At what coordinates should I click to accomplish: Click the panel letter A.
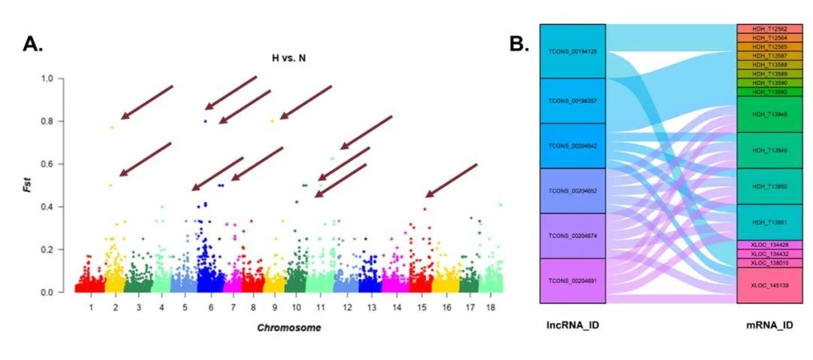click(33, 44)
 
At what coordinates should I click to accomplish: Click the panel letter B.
click(520, 44)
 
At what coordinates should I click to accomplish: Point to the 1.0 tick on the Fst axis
click(47, 78)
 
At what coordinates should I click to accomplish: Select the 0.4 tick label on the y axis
click(47, 207)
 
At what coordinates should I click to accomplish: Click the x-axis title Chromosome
click(290, 328)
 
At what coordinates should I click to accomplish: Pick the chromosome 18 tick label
click(492, 308)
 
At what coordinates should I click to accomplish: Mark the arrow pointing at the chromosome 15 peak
click(452, 180)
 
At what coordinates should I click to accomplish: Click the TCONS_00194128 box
click(573, 51)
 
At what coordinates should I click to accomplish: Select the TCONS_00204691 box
click(573, 280)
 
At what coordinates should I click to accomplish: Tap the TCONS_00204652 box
click(573, 191)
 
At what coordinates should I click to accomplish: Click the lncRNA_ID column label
click(573, 325)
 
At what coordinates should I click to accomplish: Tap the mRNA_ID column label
click(761, 325)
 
